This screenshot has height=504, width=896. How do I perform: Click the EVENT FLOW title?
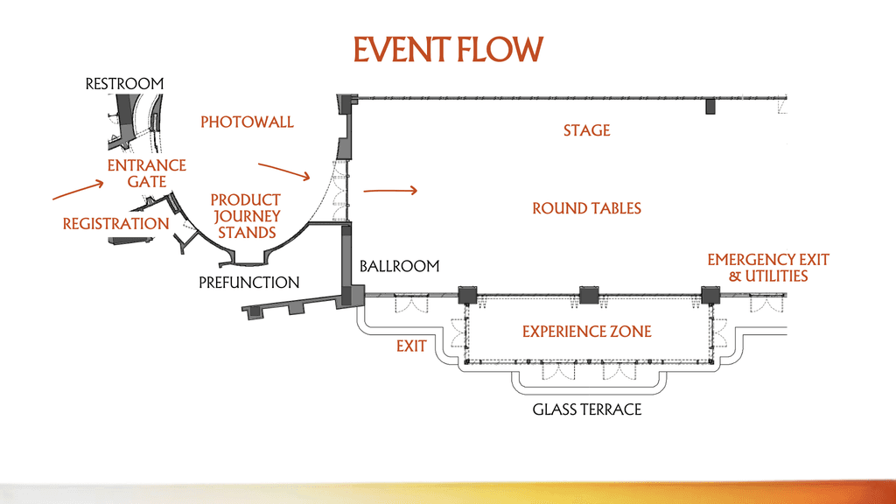click(x=447, y=49)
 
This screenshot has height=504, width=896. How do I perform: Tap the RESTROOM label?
click(x=124, y=84)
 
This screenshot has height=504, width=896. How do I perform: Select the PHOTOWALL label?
click(x=247, y=122)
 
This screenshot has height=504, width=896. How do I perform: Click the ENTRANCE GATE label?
click(x=146, y=173)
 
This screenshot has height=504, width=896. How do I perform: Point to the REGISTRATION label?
click(x=115, y=224)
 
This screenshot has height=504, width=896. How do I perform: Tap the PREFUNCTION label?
click(x=248, y=283)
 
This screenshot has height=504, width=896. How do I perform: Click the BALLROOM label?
click(x=399, y=266)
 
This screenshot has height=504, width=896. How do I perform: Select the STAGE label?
click(x=586, y=131)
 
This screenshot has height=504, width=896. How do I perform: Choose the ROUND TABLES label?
click(x=586, y=208)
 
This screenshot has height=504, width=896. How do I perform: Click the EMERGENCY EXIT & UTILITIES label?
click(x=767, y=268)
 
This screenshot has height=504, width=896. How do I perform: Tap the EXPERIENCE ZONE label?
click(x=586, y=332)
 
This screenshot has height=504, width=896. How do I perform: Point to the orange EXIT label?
click(x=411, y=346)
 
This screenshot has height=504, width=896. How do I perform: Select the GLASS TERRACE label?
click(x=586, y=409)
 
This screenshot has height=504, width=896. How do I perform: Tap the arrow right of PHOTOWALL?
click(x=284, y=170)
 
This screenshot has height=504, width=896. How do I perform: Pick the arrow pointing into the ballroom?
click(x=390, y=190)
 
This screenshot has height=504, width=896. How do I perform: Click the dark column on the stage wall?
click(x=710, y=107)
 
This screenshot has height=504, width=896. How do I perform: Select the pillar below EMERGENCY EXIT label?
click(x=709, y=295)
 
